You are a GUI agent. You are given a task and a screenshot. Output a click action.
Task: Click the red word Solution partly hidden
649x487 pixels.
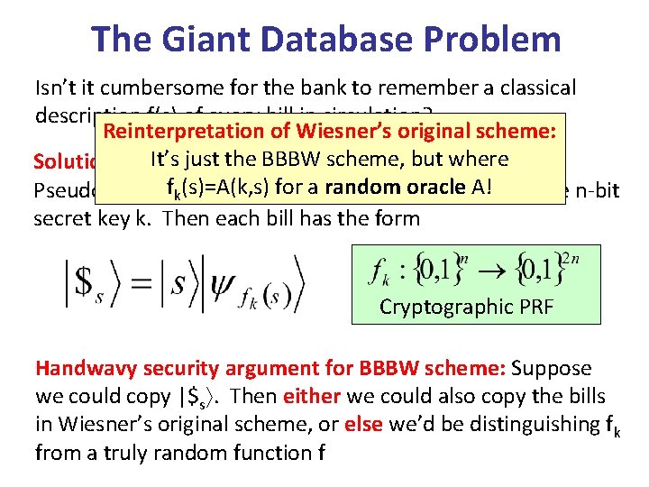[x=67, y=161]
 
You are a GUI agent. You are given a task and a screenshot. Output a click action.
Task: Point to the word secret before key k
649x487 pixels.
[x=66, y=217]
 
